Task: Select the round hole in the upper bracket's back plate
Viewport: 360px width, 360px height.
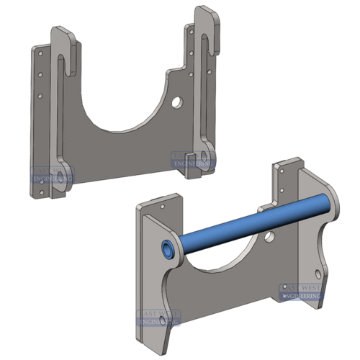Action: pos(176,102)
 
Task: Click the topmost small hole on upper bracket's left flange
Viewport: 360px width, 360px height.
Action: pos(40,53)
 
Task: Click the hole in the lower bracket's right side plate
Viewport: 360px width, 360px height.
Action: pos(318,271)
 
